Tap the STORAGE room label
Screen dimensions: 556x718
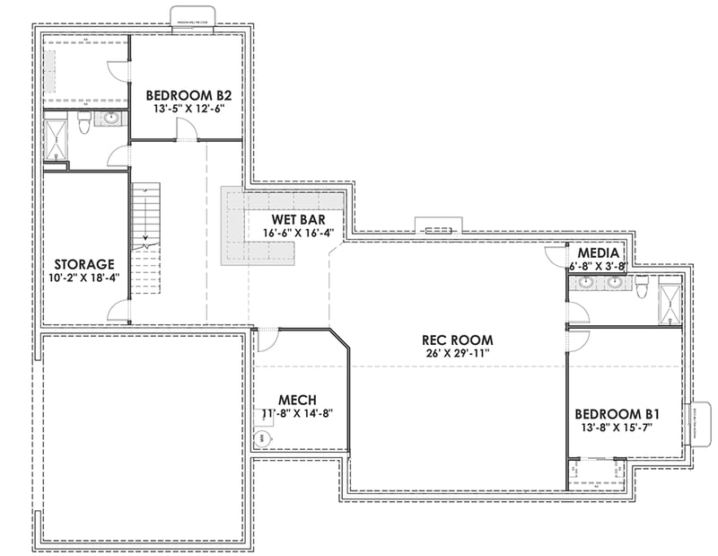point(83,264)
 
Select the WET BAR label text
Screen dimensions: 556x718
point(299,218)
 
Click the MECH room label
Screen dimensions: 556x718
point(296,400)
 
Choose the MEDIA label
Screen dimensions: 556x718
point(596,253)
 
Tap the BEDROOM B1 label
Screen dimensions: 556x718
point(617,414)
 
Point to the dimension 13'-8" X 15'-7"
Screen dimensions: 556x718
point(617,428)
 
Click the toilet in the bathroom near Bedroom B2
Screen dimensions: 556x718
point(83,127)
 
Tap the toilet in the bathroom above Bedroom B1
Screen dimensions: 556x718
point(643,286)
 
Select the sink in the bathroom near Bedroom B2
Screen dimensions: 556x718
point(112,118)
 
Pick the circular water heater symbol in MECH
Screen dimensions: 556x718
point(263,439)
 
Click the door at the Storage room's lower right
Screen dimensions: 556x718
point(117,312)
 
